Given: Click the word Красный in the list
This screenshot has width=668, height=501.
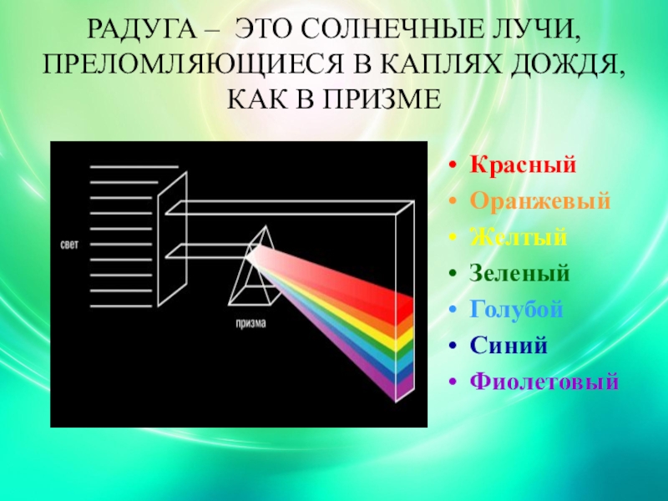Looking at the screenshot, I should tap(523, 164).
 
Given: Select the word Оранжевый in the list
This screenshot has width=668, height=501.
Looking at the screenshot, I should tap(539, 201).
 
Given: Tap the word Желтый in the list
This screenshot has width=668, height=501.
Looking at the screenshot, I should tap(519, 237).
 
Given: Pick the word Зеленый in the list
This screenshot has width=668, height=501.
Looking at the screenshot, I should tap(519, 273).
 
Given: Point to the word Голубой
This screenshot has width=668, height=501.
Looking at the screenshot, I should tap(516, 310).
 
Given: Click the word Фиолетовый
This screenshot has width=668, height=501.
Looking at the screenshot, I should tap(544, 382).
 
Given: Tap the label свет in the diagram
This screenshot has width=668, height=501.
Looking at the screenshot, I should tap(70, 245).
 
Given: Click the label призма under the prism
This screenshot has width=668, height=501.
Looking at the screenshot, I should tap(250, 324).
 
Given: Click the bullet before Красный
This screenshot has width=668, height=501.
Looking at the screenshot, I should tap(452, 165).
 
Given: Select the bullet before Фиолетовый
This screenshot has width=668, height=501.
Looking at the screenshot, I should tap(452, 382).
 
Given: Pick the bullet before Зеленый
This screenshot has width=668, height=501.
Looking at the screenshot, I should tap(452, 274).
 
